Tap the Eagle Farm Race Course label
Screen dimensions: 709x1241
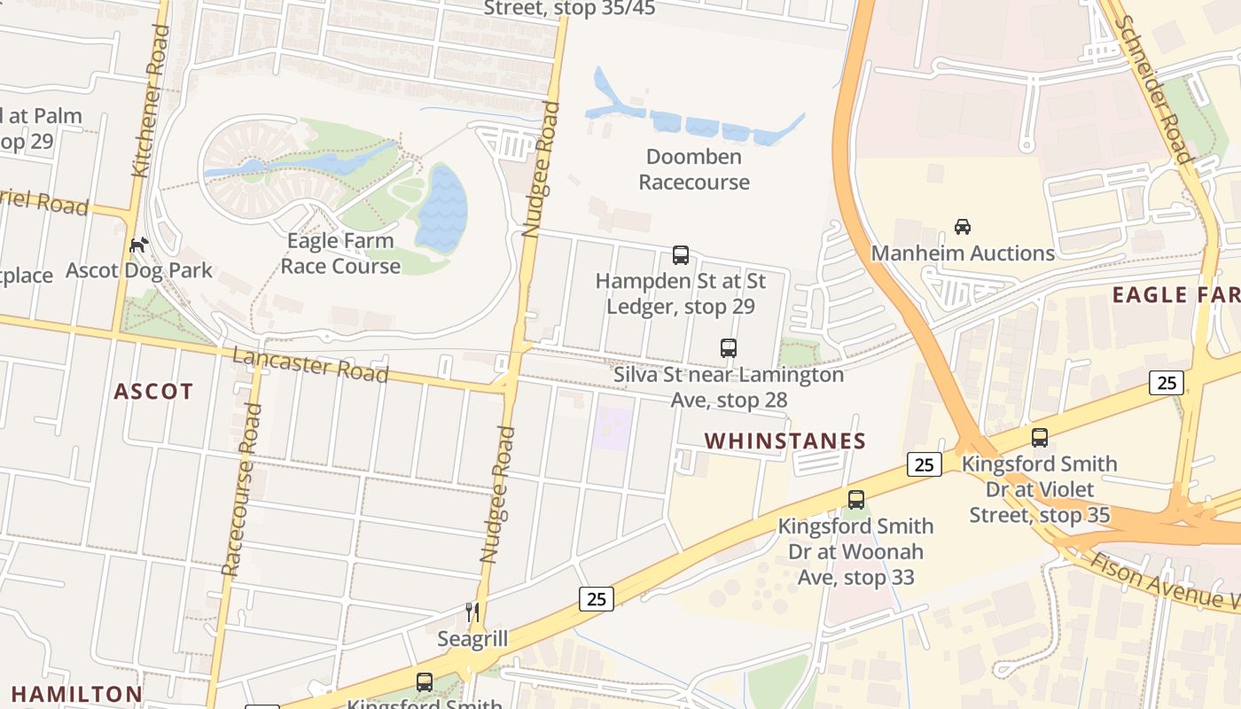(340, 253)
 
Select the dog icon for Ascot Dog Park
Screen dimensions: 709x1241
(138, 245)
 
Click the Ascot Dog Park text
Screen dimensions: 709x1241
(139, 270)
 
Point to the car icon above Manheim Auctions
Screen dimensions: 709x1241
(963, 227)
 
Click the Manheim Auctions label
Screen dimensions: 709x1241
(963, 253)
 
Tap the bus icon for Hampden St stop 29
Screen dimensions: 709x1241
(681, 255)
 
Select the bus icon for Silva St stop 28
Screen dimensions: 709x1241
(729, 348)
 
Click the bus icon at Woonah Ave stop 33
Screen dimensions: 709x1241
(855, 500)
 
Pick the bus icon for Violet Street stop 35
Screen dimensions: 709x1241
(1040, 437)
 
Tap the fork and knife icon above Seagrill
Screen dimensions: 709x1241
(472, 612)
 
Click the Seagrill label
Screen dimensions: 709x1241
(472, 639)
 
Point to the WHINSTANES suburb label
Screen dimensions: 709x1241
(784, 440)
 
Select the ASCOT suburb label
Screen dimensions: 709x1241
(153, 391)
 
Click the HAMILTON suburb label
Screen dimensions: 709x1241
(76, 694)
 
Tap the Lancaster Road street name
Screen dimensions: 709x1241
(309, 364)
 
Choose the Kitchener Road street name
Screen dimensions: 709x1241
(150, 100)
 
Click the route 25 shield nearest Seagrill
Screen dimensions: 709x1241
(597, 599)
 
